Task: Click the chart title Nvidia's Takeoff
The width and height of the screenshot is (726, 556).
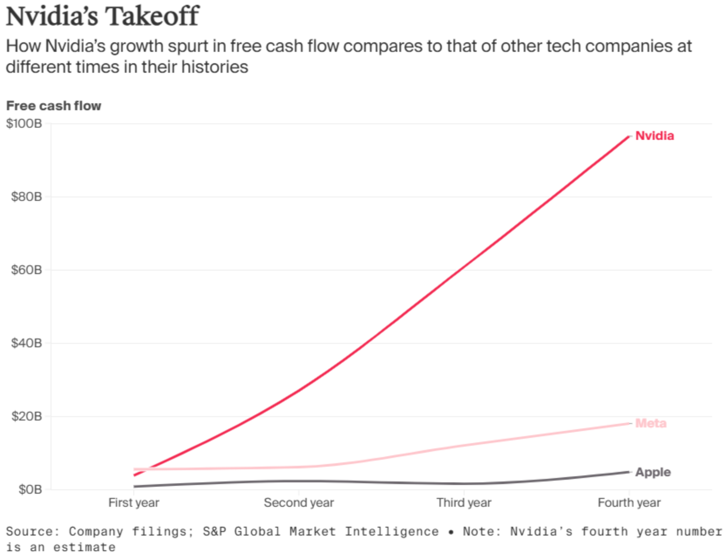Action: pos(102,17)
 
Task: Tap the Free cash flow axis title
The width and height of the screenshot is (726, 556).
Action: pos(54,106)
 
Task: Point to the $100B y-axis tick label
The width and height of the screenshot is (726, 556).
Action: pos(24,124)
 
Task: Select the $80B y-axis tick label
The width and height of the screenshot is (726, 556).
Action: pos(27,197)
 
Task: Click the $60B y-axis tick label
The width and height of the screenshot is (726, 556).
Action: pos(27,270)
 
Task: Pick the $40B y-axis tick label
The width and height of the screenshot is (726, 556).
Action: pos(27,343)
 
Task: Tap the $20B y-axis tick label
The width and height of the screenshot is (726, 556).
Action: pos(27,417)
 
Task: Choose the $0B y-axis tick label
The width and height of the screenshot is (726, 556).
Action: pos(30,490)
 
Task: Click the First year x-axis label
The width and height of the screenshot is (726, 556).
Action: pos(134,503)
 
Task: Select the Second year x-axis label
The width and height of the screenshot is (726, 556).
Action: pos(299,503)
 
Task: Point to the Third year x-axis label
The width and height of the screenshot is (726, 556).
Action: pos(464,503)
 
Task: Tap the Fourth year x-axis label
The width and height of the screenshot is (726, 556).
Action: pos(629,503)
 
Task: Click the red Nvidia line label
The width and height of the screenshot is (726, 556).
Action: pos(655,136)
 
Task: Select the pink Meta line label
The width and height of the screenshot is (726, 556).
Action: pos(651,423)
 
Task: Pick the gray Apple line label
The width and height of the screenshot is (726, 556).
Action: pos(653,472)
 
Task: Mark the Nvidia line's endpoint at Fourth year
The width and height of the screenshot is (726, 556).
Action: pos(629,136)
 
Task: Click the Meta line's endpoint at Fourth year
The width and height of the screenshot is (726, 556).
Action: pos(629,424)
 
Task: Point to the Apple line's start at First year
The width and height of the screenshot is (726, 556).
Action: pos(135,486)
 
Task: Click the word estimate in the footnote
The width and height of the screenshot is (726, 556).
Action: pos(85,547)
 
